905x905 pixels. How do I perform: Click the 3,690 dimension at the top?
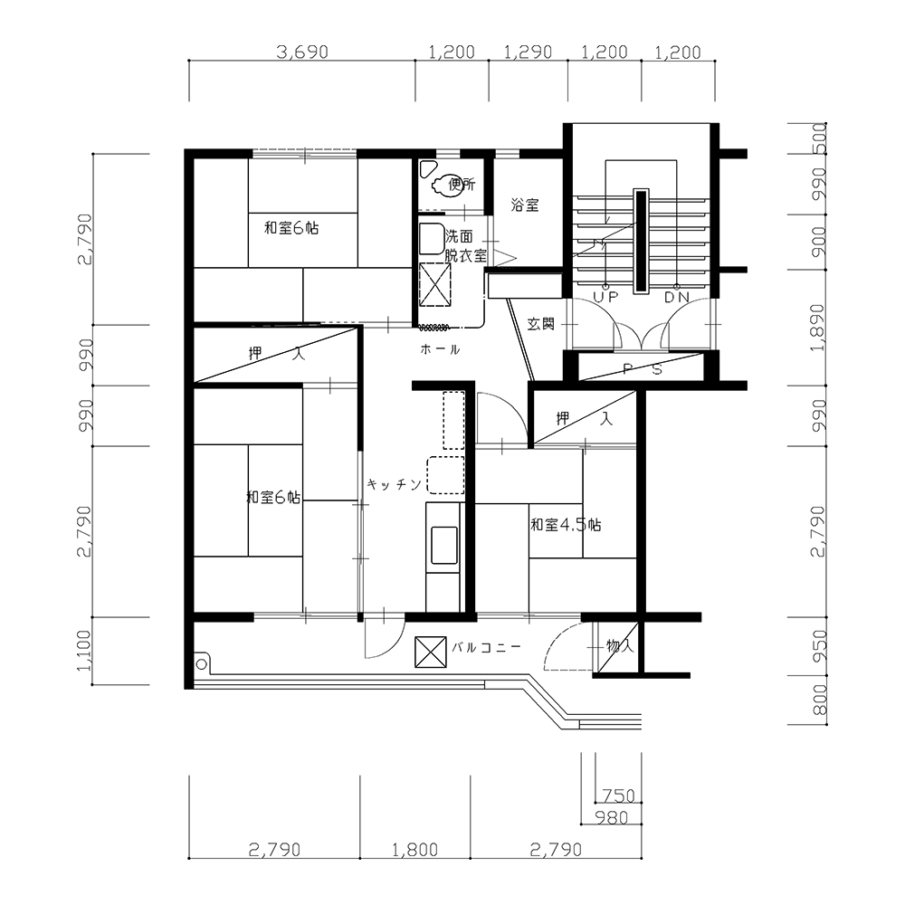coord(302,52)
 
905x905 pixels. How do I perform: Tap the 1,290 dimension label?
coord(529,52)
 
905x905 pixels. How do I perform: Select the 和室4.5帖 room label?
coord(566,525)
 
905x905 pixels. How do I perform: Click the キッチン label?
coord(395,484)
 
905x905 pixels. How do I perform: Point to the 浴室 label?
coord(525,205)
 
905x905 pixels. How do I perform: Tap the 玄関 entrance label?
coord(541,324)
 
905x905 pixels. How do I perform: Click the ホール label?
coord(440,349)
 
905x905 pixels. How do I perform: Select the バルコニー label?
coord(486,647)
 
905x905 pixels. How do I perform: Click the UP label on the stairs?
coord(605,297)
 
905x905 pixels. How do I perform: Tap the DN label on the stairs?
coord(677,297)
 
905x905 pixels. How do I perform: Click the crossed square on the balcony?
coord(431,653)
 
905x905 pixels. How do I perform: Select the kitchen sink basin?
coord(444,545)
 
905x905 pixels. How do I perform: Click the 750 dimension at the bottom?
coord(618,795)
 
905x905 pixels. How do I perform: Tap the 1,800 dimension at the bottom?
coord(415,850)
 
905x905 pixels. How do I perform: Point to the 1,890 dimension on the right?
coord(818,328)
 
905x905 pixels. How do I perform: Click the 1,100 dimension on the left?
coord(83,651)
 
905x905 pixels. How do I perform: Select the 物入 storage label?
coord(620,645)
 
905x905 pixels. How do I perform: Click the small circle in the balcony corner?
coord(201,664)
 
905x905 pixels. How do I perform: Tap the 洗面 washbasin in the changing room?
coord(431,239)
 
